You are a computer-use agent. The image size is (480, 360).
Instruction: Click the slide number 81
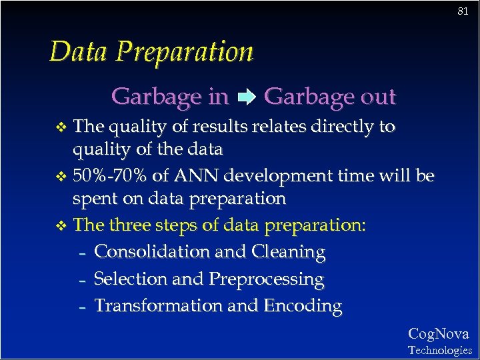(463, 11)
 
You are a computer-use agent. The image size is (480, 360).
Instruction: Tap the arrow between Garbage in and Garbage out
(246, 98)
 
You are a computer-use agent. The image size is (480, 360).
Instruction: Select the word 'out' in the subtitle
(377, 97)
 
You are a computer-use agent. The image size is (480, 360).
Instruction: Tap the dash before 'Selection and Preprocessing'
(82, 281)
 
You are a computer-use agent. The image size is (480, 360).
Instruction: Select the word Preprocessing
(266, 279)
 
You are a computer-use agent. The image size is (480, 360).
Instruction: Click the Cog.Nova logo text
(438, 333)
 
